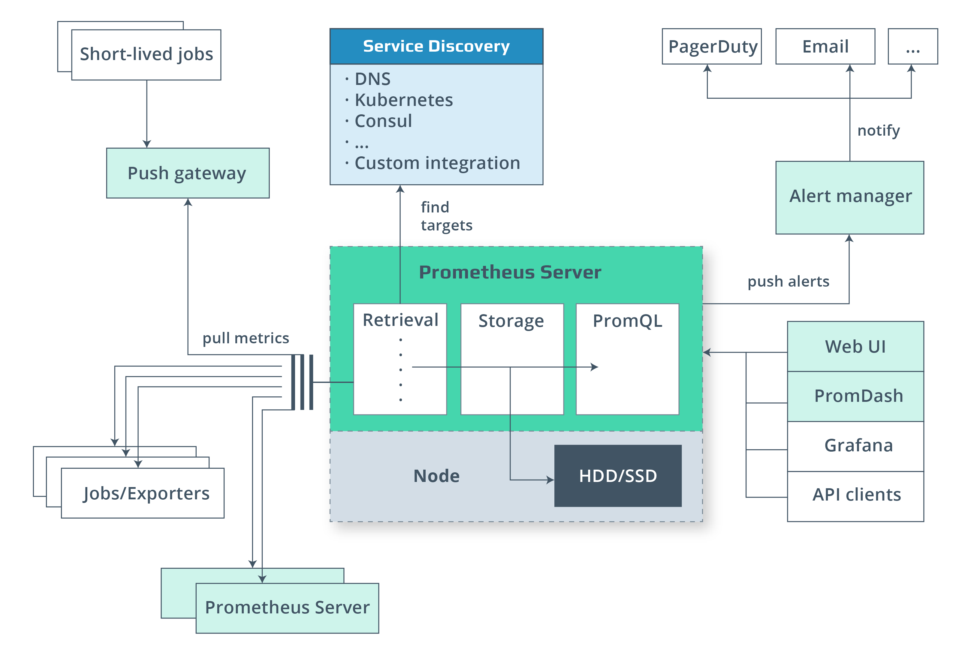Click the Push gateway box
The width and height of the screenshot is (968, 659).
187,173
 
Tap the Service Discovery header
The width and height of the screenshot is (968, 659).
436,46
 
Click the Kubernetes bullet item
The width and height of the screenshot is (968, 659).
403,100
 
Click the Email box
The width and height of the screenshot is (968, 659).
825,47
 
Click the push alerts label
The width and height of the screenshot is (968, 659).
788,281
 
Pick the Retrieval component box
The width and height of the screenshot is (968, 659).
400,359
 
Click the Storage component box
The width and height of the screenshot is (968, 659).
511,359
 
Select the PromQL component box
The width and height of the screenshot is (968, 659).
627,359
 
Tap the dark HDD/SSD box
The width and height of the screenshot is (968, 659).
618,476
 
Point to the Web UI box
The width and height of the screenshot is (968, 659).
855,347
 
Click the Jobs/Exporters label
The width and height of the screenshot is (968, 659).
146,493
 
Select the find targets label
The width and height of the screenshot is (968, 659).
446,216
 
